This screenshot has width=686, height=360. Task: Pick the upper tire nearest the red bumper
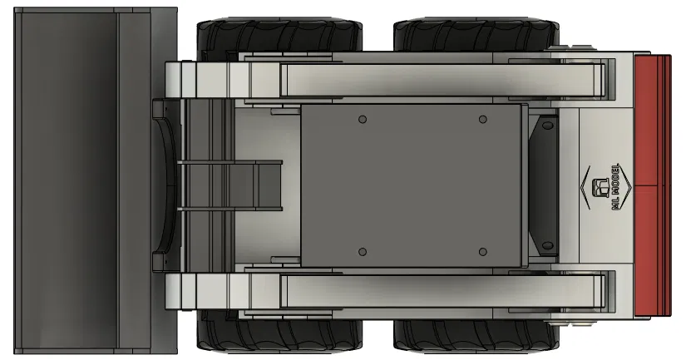coord(474,37)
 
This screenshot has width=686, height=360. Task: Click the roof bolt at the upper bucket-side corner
coord(362,120)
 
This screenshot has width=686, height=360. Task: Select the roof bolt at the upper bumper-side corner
coord(483,120)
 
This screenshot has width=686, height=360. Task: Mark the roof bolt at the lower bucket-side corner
coord(362,251)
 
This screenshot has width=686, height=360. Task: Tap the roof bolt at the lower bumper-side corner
coord(483,251)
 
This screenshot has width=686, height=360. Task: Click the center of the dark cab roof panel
coord(412,185)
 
